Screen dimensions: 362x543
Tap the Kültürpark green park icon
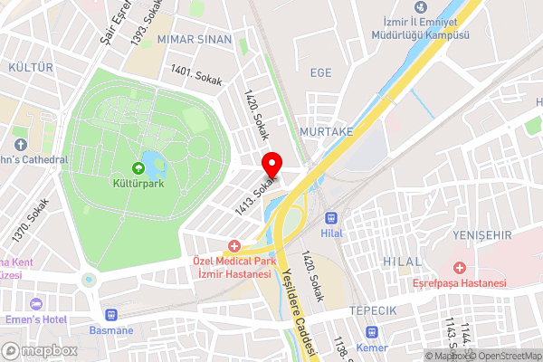coord(138,167)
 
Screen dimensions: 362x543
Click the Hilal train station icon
coord(331,218)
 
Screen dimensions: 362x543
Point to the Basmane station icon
coord(111,315)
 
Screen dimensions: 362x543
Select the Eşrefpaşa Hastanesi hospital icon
coord(461,268)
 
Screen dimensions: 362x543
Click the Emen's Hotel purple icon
coord(36,303)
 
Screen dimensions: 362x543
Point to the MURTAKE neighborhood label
coord(326,132)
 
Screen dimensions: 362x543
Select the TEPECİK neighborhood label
coord(374,310)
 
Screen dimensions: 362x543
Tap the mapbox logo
coord(38,350)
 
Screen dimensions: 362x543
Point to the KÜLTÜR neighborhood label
coord(29,68)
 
